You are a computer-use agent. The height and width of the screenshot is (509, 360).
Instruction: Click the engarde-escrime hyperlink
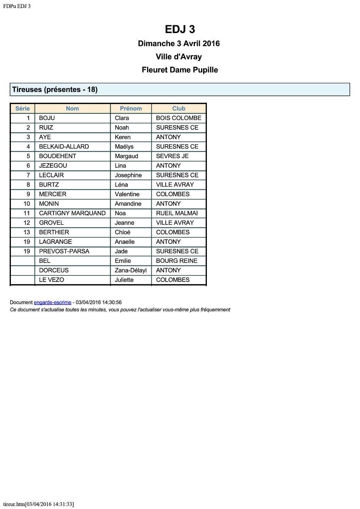(52, 302)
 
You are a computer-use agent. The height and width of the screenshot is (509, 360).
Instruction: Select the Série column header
(22, 108)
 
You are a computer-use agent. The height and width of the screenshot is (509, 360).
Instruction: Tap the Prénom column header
(131, 108)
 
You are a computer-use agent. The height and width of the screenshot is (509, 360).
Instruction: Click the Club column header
(179, 108)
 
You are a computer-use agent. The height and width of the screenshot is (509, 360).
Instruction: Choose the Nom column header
(72, 108)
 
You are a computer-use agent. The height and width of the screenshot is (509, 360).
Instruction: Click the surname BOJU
(47, 118)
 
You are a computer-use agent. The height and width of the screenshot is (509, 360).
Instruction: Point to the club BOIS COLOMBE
(179, 118)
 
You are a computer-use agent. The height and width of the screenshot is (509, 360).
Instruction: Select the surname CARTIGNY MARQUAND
(72, 213)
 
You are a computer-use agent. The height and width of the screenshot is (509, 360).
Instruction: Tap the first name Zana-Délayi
(131, 270)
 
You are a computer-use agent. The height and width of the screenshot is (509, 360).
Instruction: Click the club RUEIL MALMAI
(177, 213)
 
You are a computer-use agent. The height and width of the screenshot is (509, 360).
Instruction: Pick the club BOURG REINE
(177, 261)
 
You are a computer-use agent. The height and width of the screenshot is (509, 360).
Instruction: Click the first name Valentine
(127, 194)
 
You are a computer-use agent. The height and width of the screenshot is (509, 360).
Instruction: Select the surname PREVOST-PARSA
(64, 251)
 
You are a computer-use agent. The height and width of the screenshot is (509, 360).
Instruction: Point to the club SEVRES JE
(172, 156)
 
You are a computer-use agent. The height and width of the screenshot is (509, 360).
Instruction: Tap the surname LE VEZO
(51, 280)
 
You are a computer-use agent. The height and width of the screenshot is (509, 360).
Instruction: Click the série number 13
(27, 232)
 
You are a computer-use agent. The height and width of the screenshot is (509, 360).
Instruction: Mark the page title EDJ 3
(180, 29)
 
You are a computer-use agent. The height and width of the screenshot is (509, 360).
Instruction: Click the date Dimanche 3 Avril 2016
(179, 44)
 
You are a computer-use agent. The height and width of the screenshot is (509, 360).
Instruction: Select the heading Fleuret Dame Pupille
(180, 70)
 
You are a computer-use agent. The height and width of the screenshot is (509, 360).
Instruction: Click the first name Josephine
(128, 175)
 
